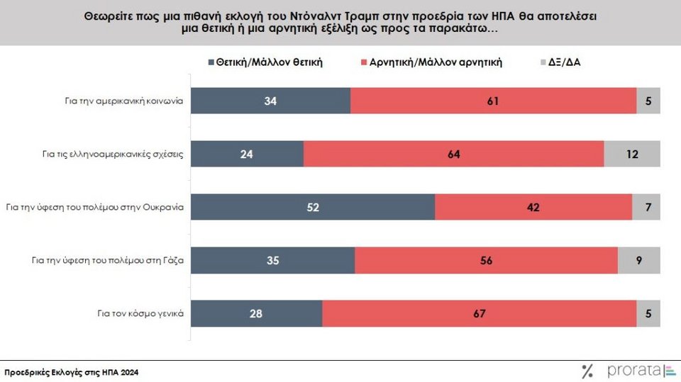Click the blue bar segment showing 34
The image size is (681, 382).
click(x=271, y=101)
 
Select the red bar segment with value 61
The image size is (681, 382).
click(x=493, y=101)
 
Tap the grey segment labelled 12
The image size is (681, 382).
click(x=631, y=154)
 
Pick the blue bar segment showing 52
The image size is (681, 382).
click(x=313, y=207)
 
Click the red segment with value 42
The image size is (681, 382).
click(x=533, y=207)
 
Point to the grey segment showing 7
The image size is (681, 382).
click(x=646, y=207)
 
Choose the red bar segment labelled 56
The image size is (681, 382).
click(x=486, y=260)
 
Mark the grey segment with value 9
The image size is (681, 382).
click(x=638, y=260)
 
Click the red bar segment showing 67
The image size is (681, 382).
click(x=479, y=313)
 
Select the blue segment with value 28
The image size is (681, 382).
click(x=257, y=313)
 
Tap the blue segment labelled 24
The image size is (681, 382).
click(x=248, y=154)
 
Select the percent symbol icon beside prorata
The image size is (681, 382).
click(x=587, y=370)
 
